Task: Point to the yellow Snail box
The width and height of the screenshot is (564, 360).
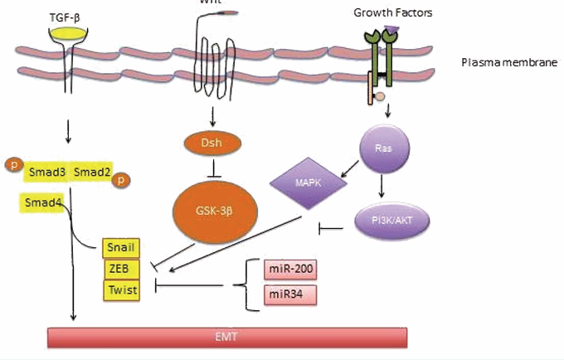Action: [121, 248]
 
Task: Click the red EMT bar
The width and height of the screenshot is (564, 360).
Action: [228, 337]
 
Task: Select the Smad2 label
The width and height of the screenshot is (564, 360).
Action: [90, 172]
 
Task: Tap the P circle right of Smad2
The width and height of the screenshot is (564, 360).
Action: [121, 179]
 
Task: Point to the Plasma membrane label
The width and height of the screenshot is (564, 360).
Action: [508, 63]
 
